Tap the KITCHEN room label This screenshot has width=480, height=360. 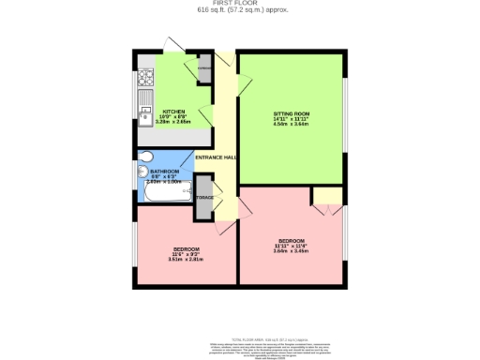click(x=173, y=110)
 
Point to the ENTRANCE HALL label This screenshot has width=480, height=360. click(x=216, y=157)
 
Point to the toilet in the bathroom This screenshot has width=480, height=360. click(x=145, y=157)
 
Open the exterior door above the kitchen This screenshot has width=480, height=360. click(x=175, y=45)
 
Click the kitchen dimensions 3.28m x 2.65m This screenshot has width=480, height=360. click(x=173, y=122)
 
